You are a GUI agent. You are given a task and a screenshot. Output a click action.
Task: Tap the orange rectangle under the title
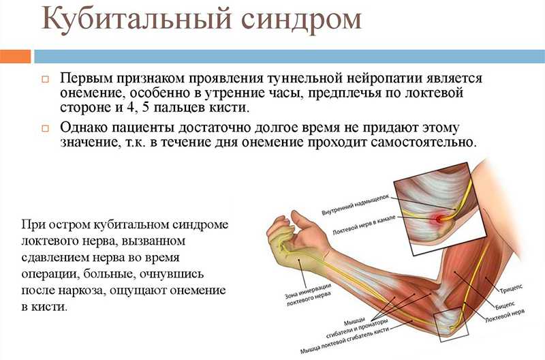[x=15, y=57]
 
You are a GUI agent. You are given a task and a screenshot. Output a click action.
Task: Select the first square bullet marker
[x=45, y=79]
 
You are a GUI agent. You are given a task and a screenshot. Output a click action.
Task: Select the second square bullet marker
[x=45, y=128]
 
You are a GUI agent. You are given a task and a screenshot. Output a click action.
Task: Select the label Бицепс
[x=505, y=305]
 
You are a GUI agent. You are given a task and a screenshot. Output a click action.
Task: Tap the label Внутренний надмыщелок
[x=355, y=205]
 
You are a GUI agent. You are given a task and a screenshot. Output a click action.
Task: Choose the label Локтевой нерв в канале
[x=364, y=226]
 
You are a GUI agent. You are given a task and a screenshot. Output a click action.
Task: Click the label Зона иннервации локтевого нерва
[x=308, y=295]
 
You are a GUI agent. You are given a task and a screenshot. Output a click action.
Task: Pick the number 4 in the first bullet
[x=130, y=107]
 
